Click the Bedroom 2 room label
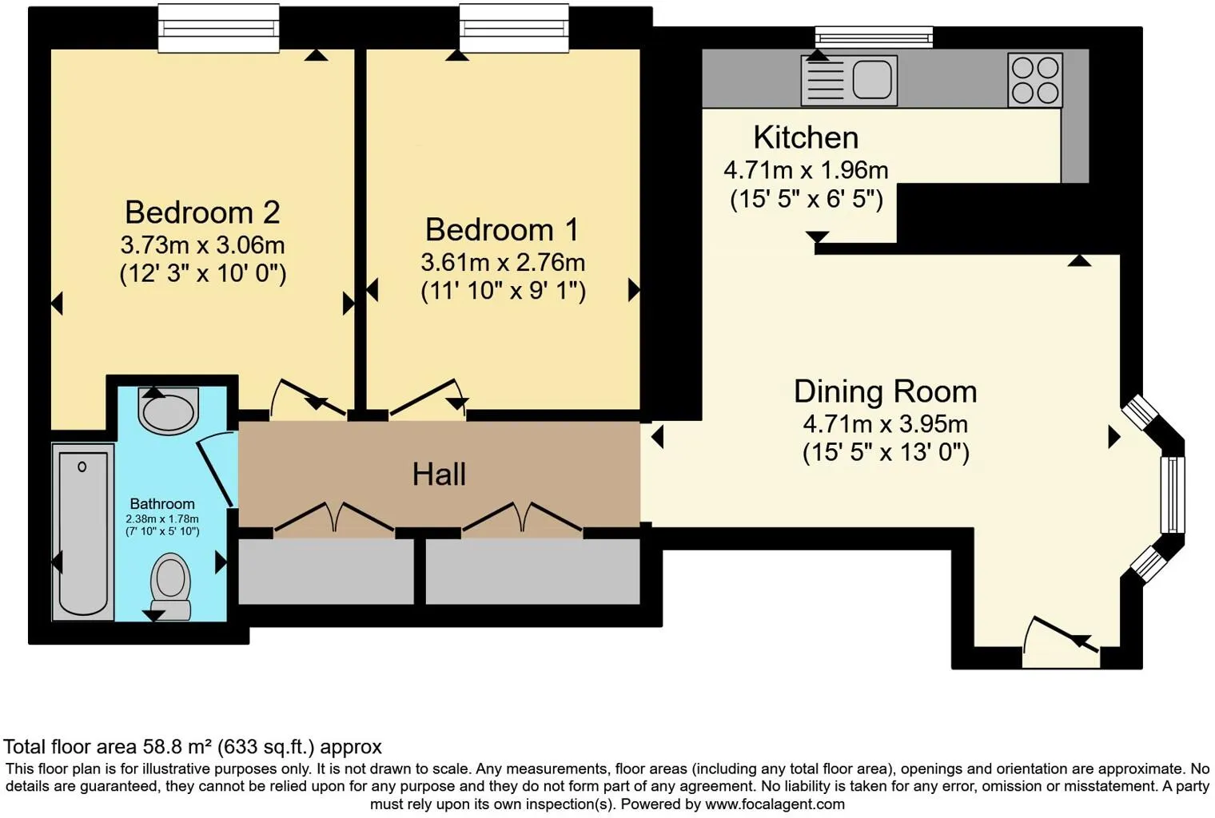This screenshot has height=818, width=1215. click(x=202, y=212)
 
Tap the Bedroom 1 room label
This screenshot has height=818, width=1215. click(x=502, y=230)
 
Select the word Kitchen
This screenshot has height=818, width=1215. click(x=806, y=137)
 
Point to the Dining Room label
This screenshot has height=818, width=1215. click(x=885, y=391)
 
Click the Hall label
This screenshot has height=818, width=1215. click(x=439, y=475)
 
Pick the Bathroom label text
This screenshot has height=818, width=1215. click(x=162, y=504)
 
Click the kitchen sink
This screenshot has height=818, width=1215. click(x=850, y=81)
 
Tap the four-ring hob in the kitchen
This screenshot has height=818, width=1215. click(x=1035, y=80)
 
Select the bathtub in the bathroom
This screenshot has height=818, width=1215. click(x=83, y=532)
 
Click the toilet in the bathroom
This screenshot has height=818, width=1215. click(x=170, y=583)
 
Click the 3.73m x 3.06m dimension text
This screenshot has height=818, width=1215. click(x=202, y=244)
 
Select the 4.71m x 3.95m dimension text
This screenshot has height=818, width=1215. click(x=885, y=423)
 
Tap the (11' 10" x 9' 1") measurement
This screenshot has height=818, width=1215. click(x=503, y=290)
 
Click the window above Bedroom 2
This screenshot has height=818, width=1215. click(x=218, y=29)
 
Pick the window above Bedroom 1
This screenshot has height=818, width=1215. click(x=514, y=29)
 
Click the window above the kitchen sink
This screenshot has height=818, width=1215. click(x=874, y=37)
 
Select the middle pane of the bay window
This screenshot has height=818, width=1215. click(x=1173, y=494)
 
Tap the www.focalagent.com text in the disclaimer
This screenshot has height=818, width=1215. click(x=775, y=804)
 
